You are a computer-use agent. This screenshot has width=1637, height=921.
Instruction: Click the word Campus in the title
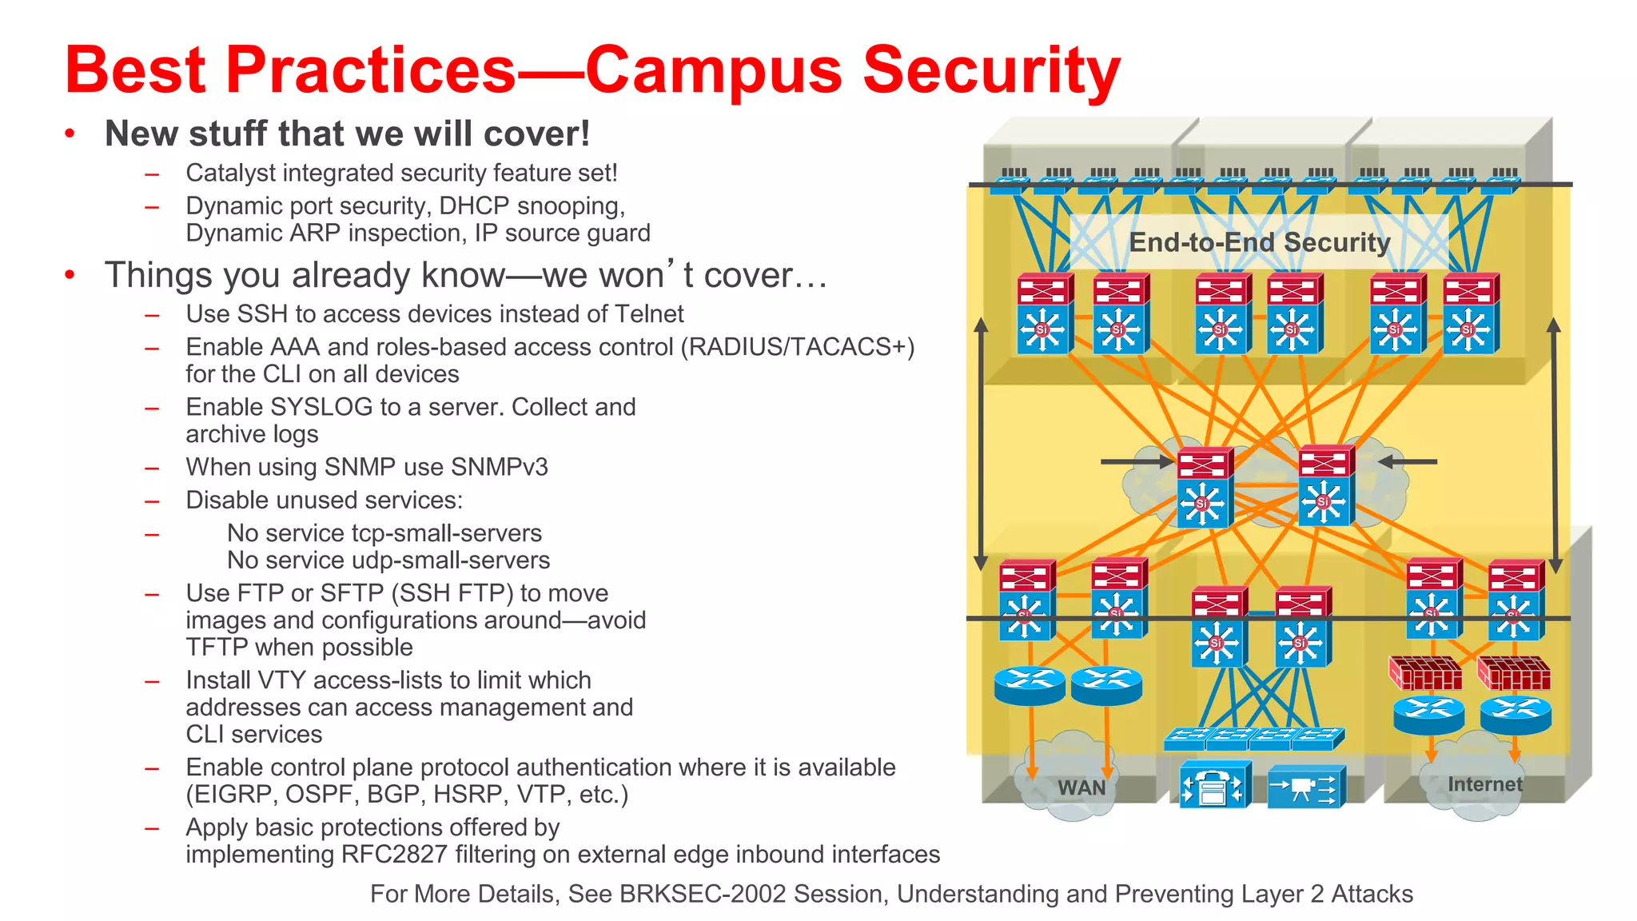tap(714, 70)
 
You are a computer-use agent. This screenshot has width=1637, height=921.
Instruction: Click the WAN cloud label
tap(1081, 787)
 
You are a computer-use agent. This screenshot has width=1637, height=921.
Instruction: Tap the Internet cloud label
tap(1484, 784)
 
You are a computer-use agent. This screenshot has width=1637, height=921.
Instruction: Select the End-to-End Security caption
tap(1259, 242)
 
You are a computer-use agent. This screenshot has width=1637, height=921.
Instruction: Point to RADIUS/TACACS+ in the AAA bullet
tap(797, 347)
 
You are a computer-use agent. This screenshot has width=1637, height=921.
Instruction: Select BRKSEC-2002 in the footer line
tap(703, 894)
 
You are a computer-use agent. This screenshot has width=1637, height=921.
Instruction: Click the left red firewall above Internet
tap(1425, 673)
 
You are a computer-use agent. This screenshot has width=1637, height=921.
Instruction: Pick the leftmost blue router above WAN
tap(1029, 685)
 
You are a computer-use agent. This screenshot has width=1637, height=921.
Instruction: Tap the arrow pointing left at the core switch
tap(1408, 461)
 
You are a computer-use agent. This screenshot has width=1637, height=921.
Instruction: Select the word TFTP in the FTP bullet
tap(213, 648)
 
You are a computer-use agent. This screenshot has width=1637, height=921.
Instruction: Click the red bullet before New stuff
tap(70, 134)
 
